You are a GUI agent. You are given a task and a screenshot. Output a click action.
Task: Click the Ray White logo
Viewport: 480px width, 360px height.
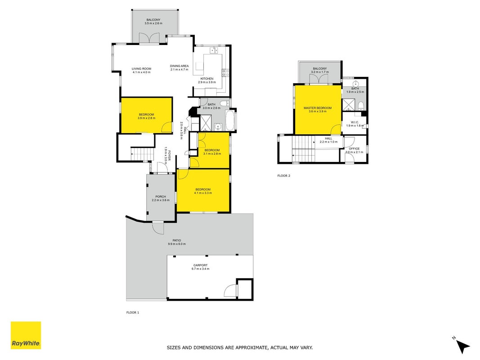26,335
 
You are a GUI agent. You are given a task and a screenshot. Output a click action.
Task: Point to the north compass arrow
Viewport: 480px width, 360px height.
463,346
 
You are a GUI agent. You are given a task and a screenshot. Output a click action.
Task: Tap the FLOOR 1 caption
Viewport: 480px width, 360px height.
133,313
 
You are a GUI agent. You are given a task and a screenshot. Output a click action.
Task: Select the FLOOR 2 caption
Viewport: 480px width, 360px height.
283,175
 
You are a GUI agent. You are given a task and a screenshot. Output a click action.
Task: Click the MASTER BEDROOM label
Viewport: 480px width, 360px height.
318,108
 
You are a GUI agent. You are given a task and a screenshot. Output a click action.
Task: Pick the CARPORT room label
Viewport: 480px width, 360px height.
200,265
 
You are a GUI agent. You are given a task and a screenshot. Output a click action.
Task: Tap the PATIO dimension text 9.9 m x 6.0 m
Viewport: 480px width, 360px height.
177,244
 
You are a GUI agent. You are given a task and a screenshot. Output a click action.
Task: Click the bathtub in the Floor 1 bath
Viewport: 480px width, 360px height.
229,121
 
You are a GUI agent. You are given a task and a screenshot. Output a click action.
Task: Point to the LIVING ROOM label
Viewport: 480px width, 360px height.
141,69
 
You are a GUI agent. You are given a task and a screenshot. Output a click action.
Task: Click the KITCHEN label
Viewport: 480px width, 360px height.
207,79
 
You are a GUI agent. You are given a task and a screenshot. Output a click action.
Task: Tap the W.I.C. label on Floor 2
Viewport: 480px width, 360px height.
354,122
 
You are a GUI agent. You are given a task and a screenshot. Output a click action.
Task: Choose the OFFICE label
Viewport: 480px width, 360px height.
354,149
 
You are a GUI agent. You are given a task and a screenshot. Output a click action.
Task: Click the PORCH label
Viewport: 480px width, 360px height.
161,197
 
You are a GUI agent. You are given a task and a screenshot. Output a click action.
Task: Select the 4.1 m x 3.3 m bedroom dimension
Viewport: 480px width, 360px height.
203,193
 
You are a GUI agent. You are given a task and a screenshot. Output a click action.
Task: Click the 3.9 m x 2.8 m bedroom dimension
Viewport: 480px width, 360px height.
146,118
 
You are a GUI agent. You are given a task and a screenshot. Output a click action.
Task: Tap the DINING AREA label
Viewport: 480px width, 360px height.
179,66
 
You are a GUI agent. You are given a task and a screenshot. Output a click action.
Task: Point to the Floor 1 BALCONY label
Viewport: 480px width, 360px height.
153,20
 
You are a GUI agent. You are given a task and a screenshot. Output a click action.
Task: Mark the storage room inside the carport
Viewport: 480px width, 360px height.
245,289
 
